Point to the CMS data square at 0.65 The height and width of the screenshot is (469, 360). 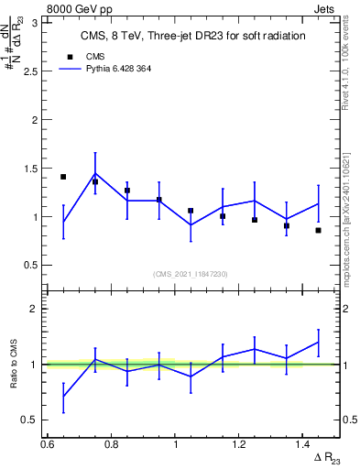63,177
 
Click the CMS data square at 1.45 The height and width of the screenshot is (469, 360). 318,230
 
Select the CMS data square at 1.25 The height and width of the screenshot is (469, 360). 255,220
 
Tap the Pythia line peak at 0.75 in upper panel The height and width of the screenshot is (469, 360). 95,173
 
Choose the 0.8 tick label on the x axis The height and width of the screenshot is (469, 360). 111,444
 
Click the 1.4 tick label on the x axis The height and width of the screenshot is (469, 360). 302,444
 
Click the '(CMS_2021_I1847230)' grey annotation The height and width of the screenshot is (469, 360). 191,274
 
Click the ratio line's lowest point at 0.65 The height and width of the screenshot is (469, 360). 63,397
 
